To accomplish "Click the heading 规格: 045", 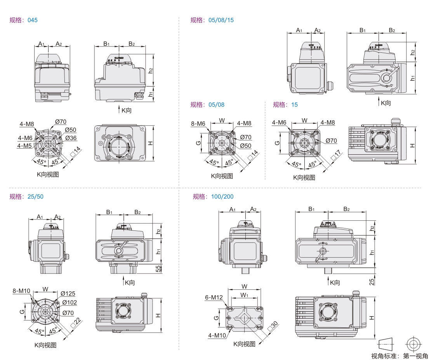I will [x=24, y=20].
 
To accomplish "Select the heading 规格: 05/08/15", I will [x=212, y=20].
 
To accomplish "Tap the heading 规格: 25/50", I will [x=26, y=196].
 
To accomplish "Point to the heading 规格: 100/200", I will [x=213, y=196].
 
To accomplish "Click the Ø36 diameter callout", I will [x=71, y=138].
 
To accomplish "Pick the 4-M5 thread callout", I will [x=24, y=145].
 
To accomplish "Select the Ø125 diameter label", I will [x=68, y=293].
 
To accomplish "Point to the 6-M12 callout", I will [x=214, y=298].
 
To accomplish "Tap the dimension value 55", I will [x=158, y=269].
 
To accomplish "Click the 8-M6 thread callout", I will [x=198, y=124].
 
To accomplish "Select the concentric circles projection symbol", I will [x=413, y=343].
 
